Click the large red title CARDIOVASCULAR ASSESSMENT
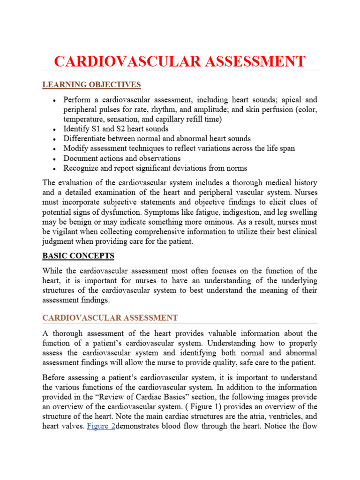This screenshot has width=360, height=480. click(x=180, y=61)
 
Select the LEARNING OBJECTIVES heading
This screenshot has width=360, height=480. click(x=91, y=85)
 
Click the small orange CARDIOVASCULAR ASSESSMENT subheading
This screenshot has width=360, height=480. click(x=110, y=318)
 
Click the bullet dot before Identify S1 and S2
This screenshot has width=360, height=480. click(x=55, y=129)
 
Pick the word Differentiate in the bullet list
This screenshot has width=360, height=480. click(x=86, y=139)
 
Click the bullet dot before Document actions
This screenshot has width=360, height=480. click(x=55, y=159)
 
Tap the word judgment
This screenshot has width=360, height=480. click(x=59, y=241)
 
